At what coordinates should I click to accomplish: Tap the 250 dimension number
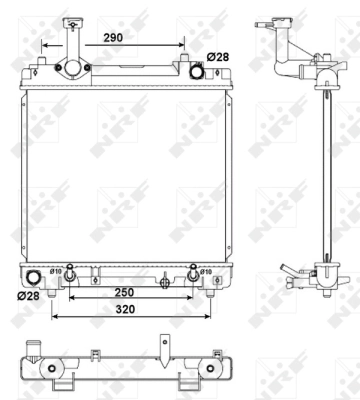coord(124,291)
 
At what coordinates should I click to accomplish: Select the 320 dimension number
coord(124,311)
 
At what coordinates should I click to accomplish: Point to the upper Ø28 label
coord(217,57)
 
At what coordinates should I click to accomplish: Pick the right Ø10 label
coord(205,271)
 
